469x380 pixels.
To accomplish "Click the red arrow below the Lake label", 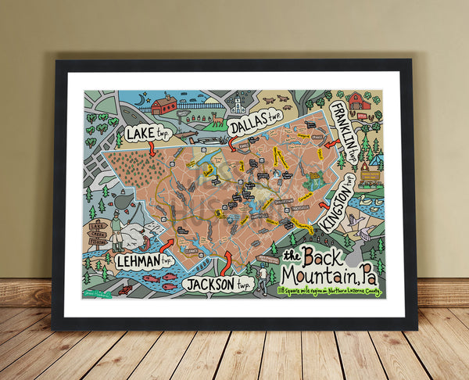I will coord(152,149).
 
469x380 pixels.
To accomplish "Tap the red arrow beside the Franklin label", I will coord(331,144).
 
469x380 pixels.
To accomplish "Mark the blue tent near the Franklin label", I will coord(377,162).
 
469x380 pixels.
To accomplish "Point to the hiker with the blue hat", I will coord(262,277).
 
